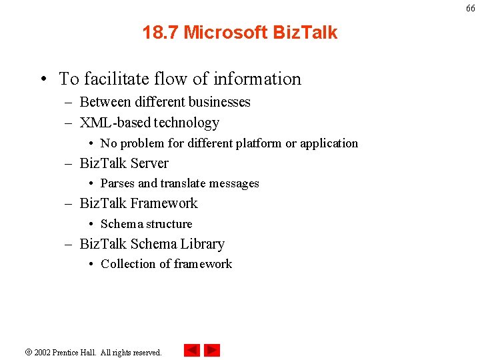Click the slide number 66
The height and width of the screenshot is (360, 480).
[471, 8]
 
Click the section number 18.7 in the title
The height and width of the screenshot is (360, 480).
[160, 32]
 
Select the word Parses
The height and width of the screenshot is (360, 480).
[117, 183]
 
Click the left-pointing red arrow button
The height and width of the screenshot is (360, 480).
[192, 350]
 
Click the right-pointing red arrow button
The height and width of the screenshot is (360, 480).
[212, 350]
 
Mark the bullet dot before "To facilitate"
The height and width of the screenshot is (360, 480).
[43, 79]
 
